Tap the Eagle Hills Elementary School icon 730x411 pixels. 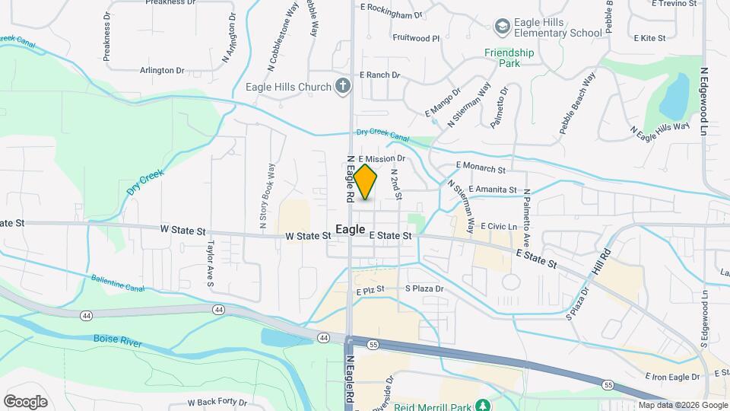(x=501, y=27)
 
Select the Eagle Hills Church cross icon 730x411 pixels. (x=343, y=87)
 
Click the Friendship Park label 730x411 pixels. (x=509, y=58)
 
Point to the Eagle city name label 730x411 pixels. (x=350, y=229)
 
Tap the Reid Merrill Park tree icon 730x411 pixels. (x=481, y=404)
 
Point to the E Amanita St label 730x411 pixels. (x=493, y=190)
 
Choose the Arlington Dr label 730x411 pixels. (x=162, y=70)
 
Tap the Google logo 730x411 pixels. (x=25, y=402)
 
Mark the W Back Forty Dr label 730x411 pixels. (x=217, y=402)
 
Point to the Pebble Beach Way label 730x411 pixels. (x=577, y=104)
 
